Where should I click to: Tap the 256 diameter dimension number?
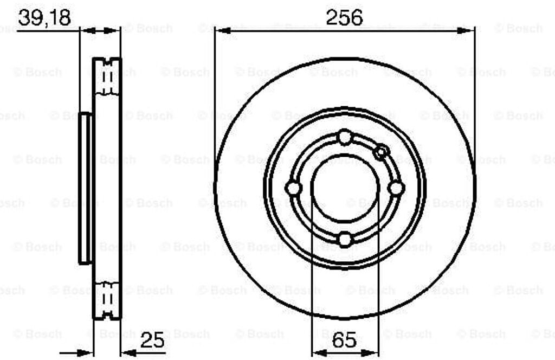coord(344,17)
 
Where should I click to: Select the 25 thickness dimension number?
coord(153,342)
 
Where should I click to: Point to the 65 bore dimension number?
coord(344,342)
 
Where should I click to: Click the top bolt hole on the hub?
coord(345,137)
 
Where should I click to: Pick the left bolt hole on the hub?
coord(293,188)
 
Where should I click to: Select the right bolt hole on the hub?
coord(397,188)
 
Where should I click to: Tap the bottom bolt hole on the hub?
coord(345,239)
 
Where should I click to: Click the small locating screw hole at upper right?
coord(382,152)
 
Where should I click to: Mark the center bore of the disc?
coord(345,188)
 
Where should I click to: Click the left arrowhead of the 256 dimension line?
coord(222,30)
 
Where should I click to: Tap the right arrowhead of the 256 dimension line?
coord(468,30)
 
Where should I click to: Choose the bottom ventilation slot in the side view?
coord(107,300)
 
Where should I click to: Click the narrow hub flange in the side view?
coord(86,188)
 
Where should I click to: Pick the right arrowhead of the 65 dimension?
coord(372,353)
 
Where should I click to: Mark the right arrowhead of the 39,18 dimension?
coord(113,30)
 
